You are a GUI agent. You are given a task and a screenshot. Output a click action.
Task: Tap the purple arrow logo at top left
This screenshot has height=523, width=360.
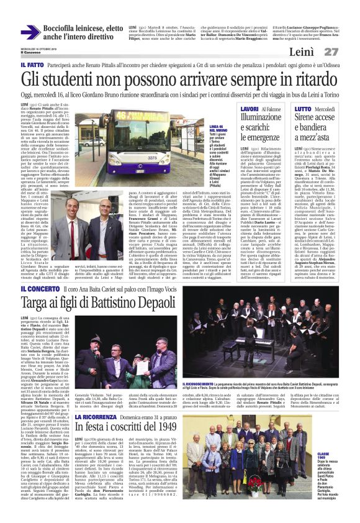(x=30, y=32)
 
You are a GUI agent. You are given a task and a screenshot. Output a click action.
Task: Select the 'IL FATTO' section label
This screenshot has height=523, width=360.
(x=31, y=65)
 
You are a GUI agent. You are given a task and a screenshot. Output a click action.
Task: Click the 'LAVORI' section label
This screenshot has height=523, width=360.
(x=250, y=109)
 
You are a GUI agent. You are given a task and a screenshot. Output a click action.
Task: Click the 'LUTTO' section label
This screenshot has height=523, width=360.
(x=303, y=109)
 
